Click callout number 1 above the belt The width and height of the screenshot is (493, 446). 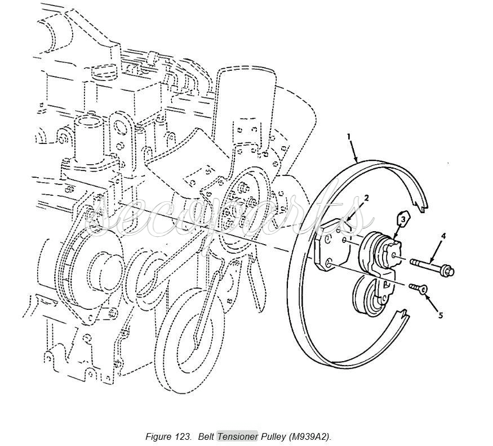pyautogui.click(x=349, y=136)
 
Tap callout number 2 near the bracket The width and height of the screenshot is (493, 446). pyautogui.click(x=366, y=198)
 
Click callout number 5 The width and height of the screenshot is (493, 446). pyautogui.click(x=441, y=315)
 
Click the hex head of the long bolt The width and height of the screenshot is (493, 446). pyautogui.click(x=447, y=270)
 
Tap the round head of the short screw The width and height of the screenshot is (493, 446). pyautogui.click(x=424, y=289)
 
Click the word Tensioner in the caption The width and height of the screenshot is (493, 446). pyautogui.click(x=237, y=436)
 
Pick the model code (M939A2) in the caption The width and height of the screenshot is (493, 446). pyautogui.click(x=310, y=436)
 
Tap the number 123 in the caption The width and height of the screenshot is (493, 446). pyautogui.click(x=182, y=436)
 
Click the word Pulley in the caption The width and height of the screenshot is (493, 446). pyautogui.click(x=273, y=437)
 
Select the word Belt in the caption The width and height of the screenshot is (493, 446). pyautogui.click(x=206, y=436)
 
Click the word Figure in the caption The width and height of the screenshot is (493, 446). pyautogui.click(x=158, y=436)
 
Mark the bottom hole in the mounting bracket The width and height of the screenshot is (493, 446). pyautogui.click(x=329, y=263)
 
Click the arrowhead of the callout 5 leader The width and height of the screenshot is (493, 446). pyautogui.click(x=426, y=294)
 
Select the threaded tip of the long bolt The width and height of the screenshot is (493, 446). pyautogui.click(x=413, y=261)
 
